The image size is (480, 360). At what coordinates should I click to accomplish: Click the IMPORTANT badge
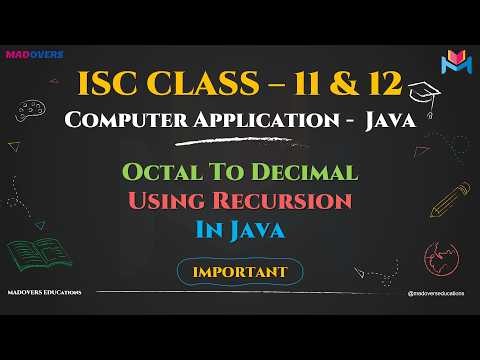coord(241,271)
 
